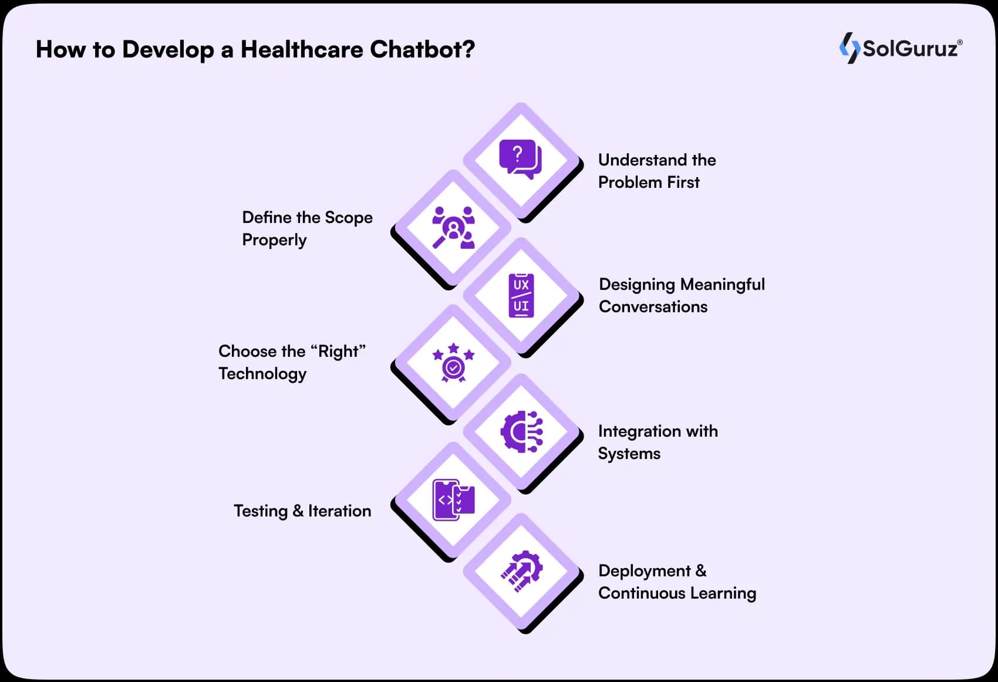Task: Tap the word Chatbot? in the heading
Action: click(422, 49)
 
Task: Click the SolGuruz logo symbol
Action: click(849, 48)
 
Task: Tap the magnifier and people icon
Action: click(453, 227)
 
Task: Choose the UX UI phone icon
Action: click(521, 295)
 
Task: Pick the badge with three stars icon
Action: click(454, 362)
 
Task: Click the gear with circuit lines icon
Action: click(521, 431)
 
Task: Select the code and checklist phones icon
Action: click(454, 500)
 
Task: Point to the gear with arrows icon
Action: click(522, 571)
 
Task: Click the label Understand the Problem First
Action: click(657, 171)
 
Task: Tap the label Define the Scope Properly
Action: click(308, 228)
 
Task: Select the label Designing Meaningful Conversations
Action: click(682, 295)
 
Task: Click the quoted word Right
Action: click(338, 351)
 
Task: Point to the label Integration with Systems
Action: click(658, 443)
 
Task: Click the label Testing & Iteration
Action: click(302, 511)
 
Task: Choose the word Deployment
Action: click(645, 571)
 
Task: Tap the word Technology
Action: click(262, 374)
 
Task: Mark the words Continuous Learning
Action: click(677, 593)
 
